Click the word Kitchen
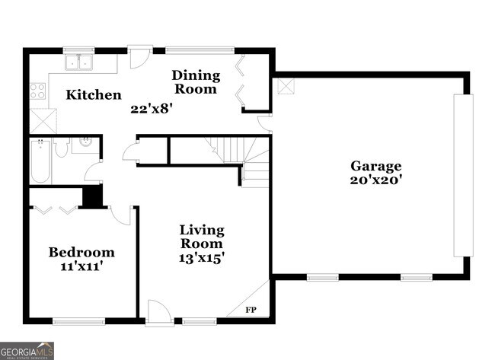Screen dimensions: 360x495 tap(93, 95)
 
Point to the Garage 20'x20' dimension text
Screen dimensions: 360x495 tap(375, 180)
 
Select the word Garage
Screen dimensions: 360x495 tap(375, 166)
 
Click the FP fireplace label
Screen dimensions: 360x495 tap(251, 310)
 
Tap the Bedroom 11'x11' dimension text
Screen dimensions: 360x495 tap(81, 267)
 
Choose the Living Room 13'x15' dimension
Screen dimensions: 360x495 tap(202, 258)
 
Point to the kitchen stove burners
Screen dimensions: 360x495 tap(37, 91)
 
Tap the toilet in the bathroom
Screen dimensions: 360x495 tap(62, 145)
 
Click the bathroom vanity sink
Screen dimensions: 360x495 tap(85, 142)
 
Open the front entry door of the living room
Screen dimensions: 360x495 tap(159, 313)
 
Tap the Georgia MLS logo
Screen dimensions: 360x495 tap(27, 351)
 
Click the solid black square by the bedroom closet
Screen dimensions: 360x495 tap(93, 196)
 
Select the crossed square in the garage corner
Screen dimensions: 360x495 tap(285, 85)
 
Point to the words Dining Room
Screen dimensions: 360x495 tap(196, 82)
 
